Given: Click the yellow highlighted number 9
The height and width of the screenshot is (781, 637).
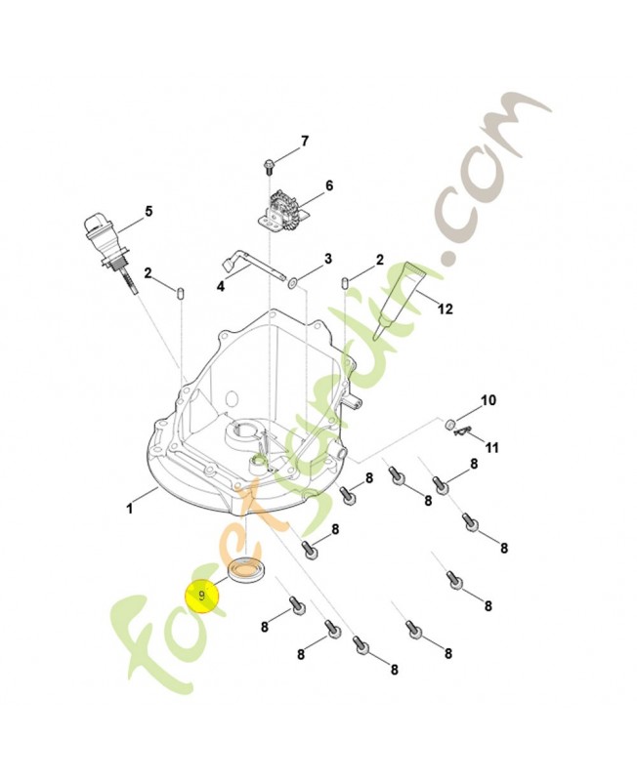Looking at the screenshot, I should (203, 595).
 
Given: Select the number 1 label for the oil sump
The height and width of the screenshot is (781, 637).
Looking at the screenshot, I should (129, 508).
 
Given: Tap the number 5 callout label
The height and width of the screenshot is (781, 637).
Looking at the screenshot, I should (149, 210).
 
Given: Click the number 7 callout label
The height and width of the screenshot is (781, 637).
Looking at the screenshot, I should (304, 142).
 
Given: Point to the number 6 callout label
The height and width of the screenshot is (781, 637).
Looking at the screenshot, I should (329, 185).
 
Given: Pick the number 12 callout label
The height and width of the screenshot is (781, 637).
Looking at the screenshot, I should (446, 309).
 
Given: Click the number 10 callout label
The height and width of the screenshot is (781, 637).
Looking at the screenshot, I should (488, 400).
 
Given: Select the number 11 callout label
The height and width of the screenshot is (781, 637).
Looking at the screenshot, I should (492, 447).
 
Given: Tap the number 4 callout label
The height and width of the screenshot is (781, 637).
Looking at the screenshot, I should (221, 287).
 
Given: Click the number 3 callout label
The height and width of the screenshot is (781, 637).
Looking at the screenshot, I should (328, 259).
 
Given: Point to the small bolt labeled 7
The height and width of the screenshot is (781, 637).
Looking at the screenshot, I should (268, 163).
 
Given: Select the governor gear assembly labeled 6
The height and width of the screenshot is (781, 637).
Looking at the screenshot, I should (281, 207).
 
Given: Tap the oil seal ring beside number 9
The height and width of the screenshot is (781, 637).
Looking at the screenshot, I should (245, 571).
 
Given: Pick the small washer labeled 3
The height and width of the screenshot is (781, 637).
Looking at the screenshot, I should (295, 282).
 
